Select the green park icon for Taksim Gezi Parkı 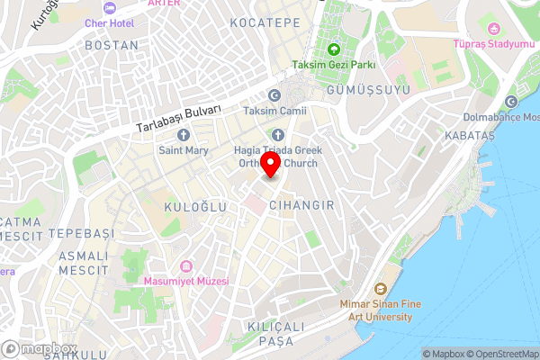334,49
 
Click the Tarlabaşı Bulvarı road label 178,117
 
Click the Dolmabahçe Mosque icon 512,101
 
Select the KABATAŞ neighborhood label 470,135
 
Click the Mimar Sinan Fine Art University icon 380,290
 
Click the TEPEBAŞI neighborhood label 82,233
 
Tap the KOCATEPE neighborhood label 265,21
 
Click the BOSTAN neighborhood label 112,44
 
